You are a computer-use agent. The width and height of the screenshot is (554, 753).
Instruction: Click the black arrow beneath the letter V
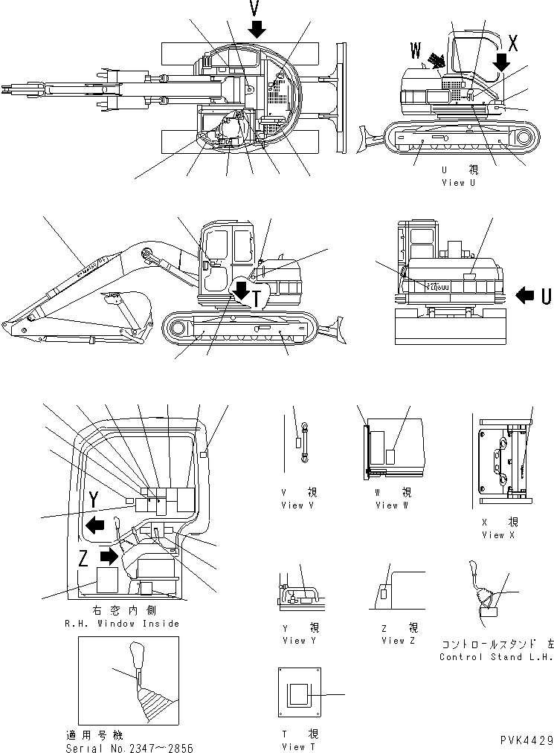click(257, 29)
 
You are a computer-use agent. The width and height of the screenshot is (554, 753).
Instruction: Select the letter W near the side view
click(416, 52)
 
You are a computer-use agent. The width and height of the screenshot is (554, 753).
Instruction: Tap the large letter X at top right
click(512, 42)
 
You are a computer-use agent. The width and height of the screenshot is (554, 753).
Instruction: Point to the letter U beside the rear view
click(545, 296)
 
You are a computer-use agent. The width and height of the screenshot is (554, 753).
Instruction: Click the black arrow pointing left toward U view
click(524, 296)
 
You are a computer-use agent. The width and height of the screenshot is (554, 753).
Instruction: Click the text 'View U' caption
click(458, 182)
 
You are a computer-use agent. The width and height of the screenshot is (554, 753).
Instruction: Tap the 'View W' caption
click(387, 505)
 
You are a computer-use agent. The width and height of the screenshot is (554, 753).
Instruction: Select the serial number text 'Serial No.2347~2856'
click(129, 747)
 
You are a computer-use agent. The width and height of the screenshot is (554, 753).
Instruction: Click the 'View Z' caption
click(393, 640)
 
